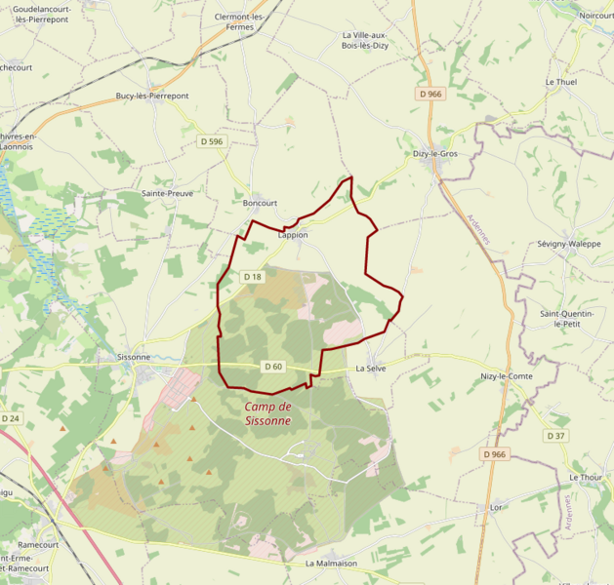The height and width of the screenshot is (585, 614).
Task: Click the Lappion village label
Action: (292, 235)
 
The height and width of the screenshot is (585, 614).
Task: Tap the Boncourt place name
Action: (260, 203)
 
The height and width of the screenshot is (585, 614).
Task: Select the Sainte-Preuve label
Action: (168, 193)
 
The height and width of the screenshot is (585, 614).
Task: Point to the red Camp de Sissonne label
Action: (267, 413)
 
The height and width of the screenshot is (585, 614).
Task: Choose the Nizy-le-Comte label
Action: (507, 376)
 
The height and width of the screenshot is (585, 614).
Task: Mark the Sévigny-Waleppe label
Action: (569, 244)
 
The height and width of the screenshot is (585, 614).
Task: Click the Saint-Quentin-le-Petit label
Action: (568, 319)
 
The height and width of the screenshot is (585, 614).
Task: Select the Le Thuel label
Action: (561, 82)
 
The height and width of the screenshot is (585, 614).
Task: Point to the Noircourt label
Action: (595, 16)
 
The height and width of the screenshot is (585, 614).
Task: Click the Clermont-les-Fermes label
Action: (240, 22)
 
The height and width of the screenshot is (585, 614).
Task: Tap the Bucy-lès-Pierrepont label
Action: (152, 96)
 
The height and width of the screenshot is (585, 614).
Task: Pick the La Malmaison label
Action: (331, 564)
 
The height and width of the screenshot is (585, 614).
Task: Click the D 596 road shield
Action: (212, 141)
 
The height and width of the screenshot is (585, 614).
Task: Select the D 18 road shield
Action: (252, 277)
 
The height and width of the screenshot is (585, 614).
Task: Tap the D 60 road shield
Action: (273, 367)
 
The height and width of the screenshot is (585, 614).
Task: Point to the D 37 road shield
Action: (555, 436)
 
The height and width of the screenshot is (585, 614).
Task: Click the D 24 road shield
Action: (11, 418)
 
